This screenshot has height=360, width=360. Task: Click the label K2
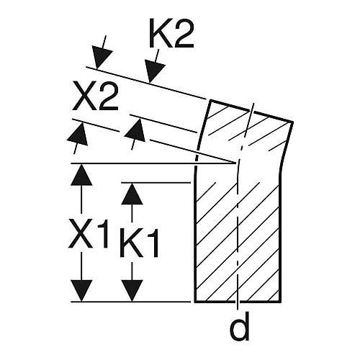(x=171, y=34)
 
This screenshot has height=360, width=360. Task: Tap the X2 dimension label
(x=96, y=96)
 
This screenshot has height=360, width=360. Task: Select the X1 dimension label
(x=88, y=233)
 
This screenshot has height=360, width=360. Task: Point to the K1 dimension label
(x=139, y=243)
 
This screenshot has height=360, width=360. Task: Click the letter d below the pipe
(x=240, y=325)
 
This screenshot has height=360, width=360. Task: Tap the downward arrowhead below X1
(x=81, y=291)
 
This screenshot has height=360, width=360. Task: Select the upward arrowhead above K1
(x=132, y=194)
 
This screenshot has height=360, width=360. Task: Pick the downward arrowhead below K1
(x=132, y=291)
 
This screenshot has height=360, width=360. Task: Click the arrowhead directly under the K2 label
(x=154, y=73)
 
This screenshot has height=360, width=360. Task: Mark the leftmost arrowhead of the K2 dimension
(x=102, y=58)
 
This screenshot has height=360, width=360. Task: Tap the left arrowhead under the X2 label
(x=78, y=135)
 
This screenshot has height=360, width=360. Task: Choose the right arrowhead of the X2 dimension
(x=135, y=131)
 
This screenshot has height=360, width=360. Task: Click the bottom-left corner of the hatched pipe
(x=195, y=301)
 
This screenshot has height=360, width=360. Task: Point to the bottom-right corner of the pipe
(x=280, y=301)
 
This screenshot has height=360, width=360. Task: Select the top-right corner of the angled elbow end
(x=292, y=122)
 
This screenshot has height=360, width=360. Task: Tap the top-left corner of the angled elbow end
(x=211, y=100)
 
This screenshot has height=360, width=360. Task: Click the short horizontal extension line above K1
(x=156, y=183)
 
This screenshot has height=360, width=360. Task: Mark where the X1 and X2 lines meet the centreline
(x=236, y=163)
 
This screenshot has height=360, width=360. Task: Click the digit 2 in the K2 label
(x=183, y=34)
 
